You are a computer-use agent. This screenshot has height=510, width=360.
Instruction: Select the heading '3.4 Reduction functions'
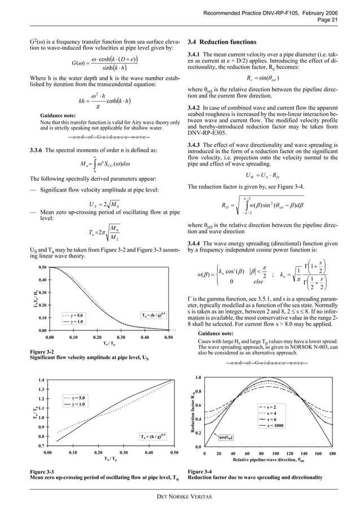[x=222, y=42]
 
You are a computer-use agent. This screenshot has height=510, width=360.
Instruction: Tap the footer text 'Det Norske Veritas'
[x=179, y=496]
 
